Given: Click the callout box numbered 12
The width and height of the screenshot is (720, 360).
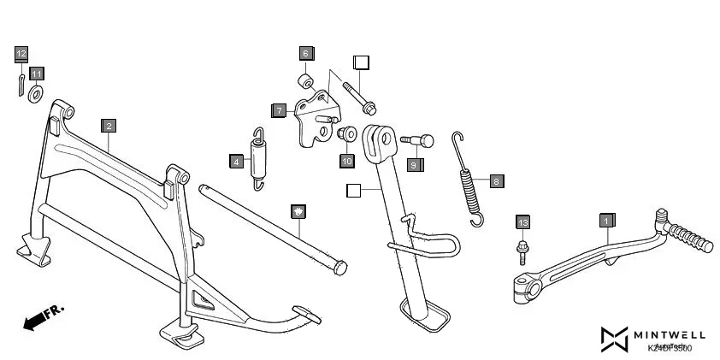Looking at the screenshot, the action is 21,54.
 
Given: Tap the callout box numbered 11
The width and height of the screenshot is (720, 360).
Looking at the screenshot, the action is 37,74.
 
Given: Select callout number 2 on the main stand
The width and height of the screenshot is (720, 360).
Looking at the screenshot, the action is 108,126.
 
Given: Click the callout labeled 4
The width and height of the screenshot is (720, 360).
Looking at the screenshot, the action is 236,160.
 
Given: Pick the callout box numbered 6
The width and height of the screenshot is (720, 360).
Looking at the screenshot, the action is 305,53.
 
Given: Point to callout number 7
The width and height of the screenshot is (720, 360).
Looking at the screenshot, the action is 280,110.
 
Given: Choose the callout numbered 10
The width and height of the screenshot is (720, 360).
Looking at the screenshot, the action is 346,160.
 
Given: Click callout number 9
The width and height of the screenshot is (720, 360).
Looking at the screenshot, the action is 414,165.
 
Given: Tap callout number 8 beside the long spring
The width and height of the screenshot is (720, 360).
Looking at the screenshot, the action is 497,181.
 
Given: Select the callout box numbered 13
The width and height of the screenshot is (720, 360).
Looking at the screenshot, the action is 523,222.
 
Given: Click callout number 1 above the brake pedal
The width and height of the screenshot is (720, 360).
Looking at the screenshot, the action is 606,220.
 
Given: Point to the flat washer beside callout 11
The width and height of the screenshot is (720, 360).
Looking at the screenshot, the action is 37,92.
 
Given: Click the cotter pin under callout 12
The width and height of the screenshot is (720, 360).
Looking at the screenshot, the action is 21,86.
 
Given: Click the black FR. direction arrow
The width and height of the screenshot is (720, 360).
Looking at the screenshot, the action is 35,321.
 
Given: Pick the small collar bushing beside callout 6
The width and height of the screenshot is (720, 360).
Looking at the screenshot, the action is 304,83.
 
